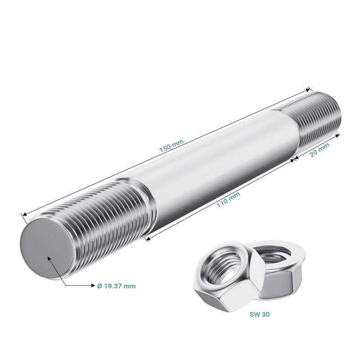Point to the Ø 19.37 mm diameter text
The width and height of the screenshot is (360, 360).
tap(116, 286)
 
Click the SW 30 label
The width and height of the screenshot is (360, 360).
tap(260, 315)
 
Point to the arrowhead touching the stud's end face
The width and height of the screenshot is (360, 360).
tap(49, 259)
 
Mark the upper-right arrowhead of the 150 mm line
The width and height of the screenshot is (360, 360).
tap(309, 89)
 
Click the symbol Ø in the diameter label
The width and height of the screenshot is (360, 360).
tap(100, 286)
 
